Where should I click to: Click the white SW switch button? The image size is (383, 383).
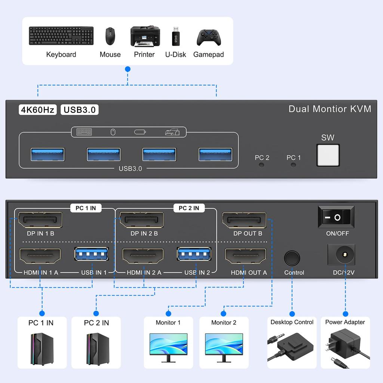[x=328, y=155]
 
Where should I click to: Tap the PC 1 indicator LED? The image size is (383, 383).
[x=293, y=165]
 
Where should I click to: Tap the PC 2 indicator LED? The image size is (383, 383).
[x=261, y=165]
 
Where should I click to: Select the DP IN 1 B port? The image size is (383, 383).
[x=40, y=220]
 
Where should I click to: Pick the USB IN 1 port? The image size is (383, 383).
[x=92, y=254]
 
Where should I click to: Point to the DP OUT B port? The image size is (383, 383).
[x=244, y=220]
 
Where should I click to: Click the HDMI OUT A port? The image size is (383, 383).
[x=245, y=256]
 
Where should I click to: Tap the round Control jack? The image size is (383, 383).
[x=292, y=258]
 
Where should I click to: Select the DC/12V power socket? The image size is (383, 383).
[x=341, y=255]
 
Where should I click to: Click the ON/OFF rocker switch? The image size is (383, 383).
[x=336, y=217]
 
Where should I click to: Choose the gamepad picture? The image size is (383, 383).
[x=209, y=37]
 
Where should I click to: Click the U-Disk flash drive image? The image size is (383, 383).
[x=175, y=36]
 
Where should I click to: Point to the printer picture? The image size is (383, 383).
[x=145, y=36]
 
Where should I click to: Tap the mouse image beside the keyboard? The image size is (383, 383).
[x=110, y=36]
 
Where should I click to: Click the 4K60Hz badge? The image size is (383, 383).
[x=38, y=110]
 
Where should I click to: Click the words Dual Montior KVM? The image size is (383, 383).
[x=330, y=109]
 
